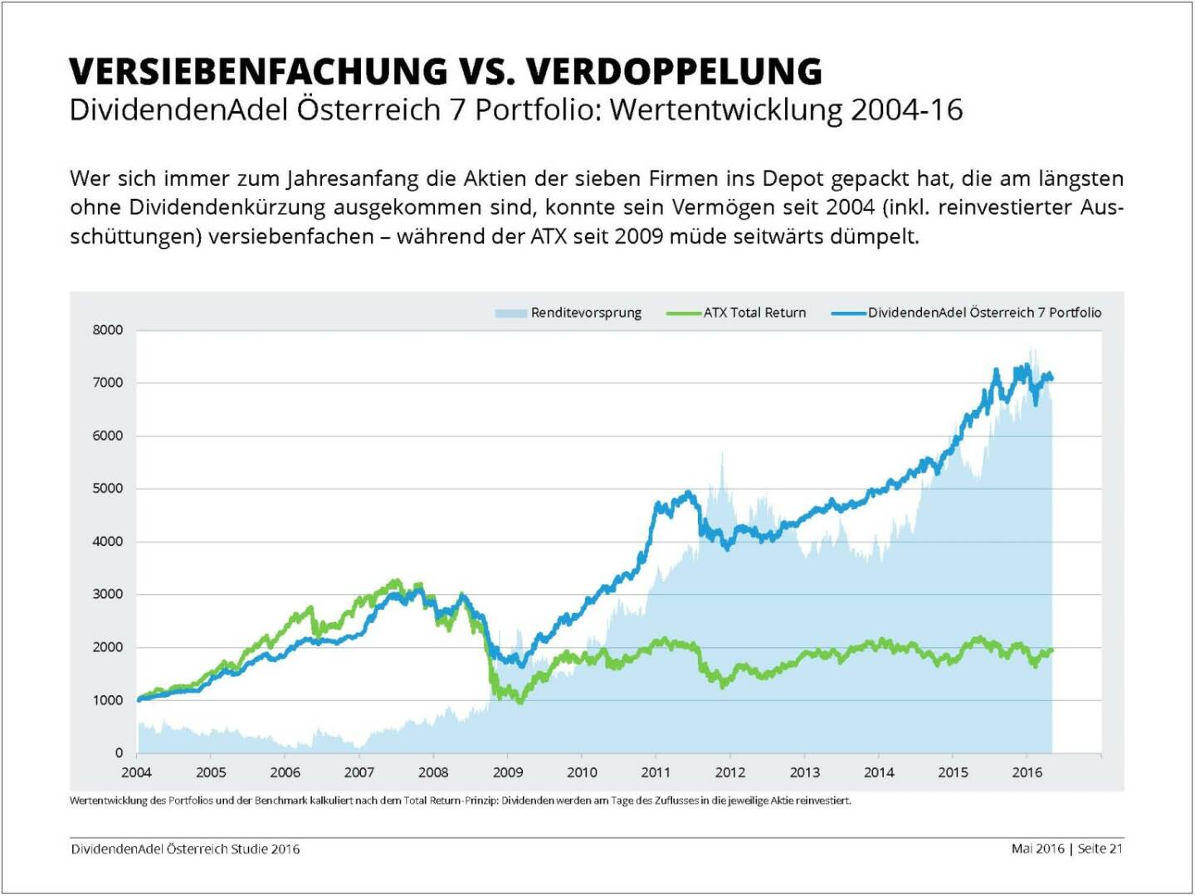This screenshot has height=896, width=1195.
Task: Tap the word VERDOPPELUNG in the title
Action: pyautogui.click(x=674, y=72)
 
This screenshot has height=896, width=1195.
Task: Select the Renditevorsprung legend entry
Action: pyautogui.click(x=586, y=313)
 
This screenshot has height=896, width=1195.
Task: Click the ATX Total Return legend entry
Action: pyautogui.click(x=754, y=313)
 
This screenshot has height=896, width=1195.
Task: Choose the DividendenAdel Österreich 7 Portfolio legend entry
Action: pyautogui.click(x=984, y=313)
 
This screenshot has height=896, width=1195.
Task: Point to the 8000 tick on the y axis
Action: pyautogui.click(x=108, y=330)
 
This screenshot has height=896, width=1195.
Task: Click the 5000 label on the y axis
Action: pyautogui.click(x=108, y=489)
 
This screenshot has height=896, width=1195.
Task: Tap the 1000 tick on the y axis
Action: pyautogui.click(x=108, y=700)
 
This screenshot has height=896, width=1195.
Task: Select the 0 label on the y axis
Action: pyautogui.click(x=119, y=753)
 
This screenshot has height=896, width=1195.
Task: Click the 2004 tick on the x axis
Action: pyautogui.click(x=137, y=772)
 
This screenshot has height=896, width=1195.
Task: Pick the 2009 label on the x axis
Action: pyautogui.click(x=508, y=772)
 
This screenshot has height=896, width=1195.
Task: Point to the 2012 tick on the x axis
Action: pyautogui.click(x=730, y=772)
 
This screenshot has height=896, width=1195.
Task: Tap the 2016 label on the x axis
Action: pyautogui.click(x=1027, y=772)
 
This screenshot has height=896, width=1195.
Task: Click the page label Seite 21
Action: pyautogui.click(x=1100, y=849)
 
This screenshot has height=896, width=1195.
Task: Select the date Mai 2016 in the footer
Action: pyautogui.click(x=1037, y=849)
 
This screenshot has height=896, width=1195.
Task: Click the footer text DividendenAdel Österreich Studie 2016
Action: pyautogui.click(x=186, y=850)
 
